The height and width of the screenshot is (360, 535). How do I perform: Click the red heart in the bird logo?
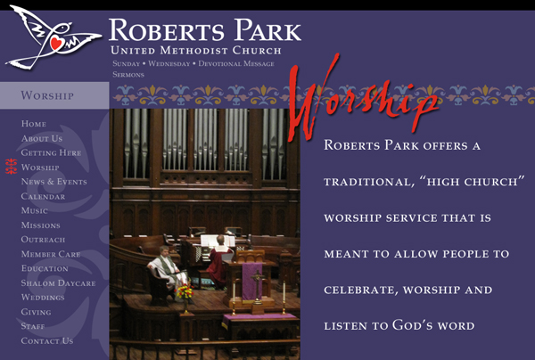56,44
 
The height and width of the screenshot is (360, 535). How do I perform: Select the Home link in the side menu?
34,124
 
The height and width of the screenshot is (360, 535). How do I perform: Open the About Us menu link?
42,138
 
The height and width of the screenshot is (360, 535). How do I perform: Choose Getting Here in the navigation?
51,152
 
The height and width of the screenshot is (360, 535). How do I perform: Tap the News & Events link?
53,182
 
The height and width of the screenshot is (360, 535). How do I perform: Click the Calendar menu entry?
43,196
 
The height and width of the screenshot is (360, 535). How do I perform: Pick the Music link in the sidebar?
35,210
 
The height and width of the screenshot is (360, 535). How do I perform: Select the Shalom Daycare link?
58,283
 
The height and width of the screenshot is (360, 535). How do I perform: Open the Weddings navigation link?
43,298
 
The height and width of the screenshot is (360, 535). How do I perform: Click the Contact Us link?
47,340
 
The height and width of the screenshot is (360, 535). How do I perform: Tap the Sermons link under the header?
128,75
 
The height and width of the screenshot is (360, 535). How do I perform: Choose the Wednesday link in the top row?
169,64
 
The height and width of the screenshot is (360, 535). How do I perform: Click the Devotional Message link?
236,64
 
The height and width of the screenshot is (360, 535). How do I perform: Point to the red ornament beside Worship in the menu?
12,167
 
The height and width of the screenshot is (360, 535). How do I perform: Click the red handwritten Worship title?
364,99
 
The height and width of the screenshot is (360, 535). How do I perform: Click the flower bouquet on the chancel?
185,292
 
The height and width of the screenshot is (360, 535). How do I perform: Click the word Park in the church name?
267,30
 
